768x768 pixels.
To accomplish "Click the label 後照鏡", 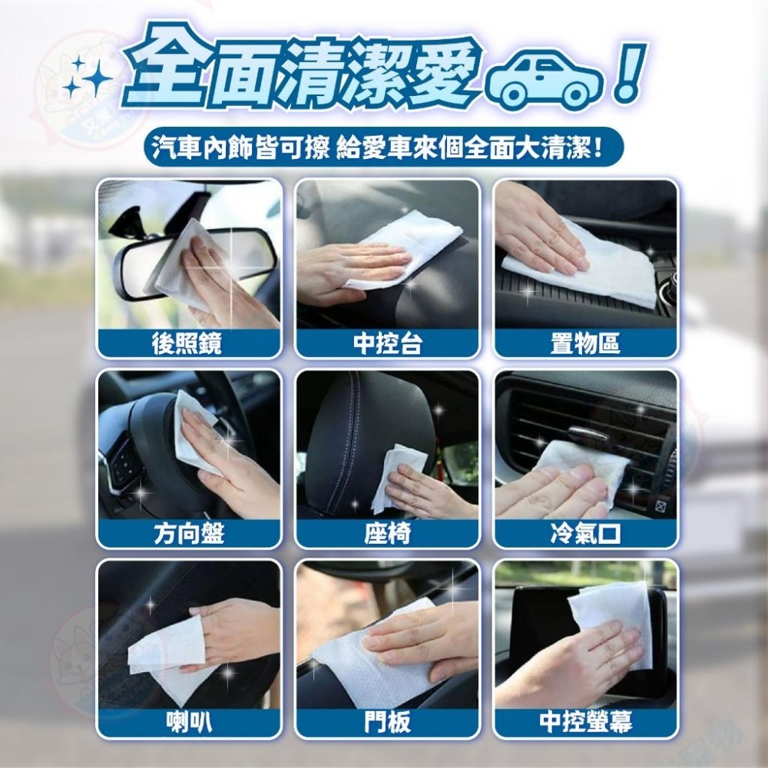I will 187,343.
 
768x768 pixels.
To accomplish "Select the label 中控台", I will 387,343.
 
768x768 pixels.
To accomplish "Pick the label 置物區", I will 586,343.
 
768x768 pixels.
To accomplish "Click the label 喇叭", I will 187,722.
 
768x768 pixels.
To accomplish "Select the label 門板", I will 387,722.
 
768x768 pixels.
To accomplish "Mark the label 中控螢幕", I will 586,722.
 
